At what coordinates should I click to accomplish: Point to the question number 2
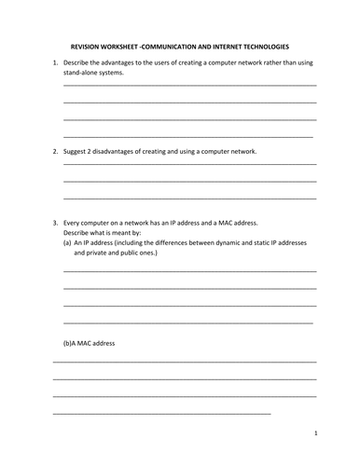[54, 150]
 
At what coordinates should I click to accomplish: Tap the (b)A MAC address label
[89, 343]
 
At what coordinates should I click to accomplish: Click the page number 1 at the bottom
[316, 433]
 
